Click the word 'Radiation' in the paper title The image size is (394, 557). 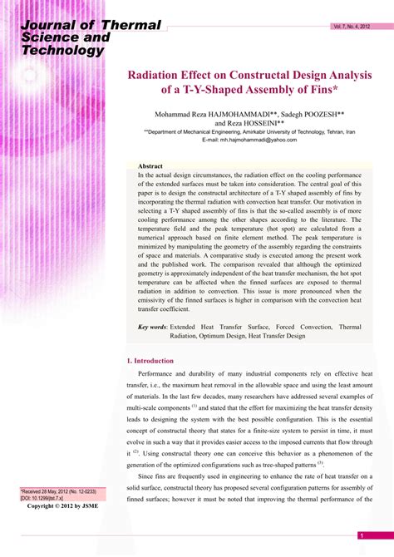tap(156, 75)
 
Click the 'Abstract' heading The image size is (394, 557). tap(150, 167)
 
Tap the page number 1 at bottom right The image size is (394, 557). tap(360, 535)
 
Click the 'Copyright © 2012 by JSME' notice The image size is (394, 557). tap(63, 505)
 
